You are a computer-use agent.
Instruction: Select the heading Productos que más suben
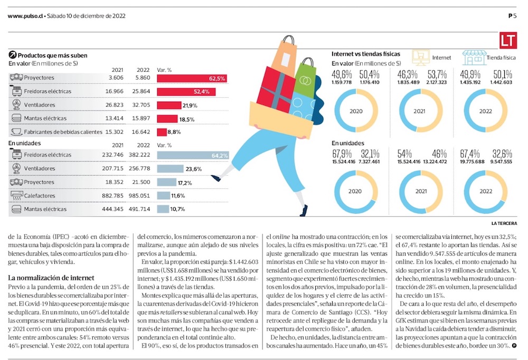pyautogui.click(x=52, y=55)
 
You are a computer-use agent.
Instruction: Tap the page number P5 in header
pyautogui.click(x=512, y=16)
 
